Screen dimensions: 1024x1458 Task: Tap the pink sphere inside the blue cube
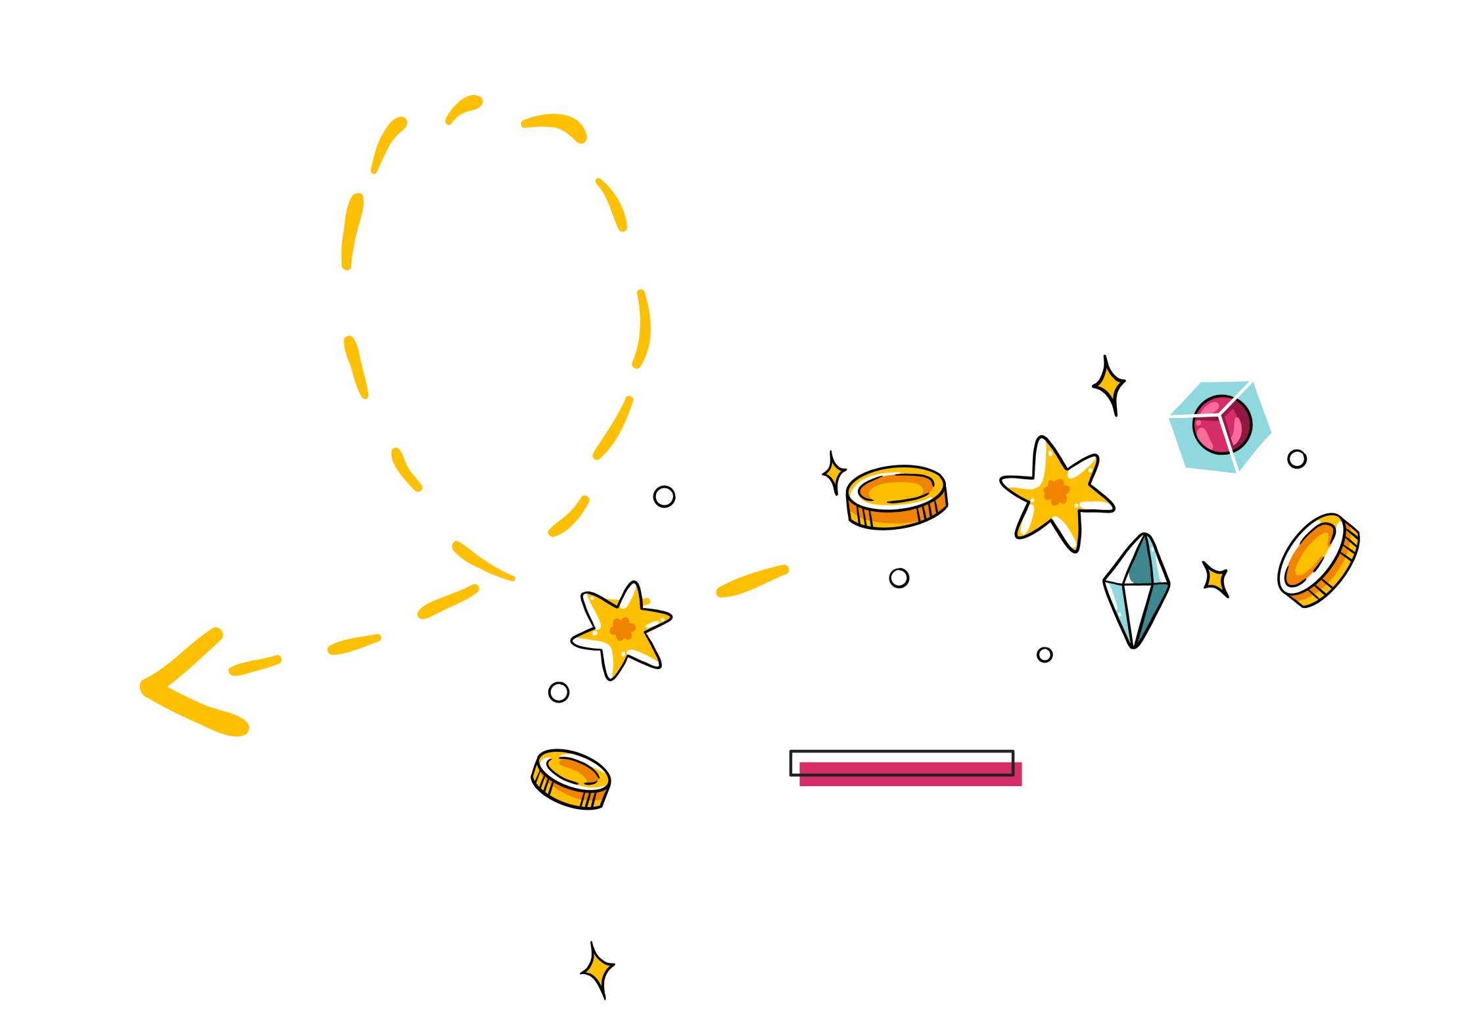click(1222, 425)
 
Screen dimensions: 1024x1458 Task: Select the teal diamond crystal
click(1137, 589)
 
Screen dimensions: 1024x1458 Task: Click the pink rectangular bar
click(910, 774)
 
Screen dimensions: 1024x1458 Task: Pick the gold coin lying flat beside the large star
click(897, 497)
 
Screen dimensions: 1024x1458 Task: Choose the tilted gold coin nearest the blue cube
click(1317, 560)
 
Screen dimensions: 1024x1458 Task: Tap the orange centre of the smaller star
click(622, 629)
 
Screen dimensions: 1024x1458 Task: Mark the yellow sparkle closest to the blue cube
click(1110, 383)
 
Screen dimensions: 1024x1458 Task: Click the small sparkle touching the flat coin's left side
click(834, 473)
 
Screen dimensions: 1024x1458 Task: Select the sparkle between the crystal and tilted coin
click(1216, 579)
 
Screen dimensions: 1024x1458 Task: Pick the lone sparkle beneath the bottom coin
click(598, 969)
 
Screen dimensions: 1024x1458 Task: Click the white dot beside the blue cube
click(1296, 459)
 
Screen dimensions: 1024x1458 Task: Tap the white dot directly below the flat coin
click(899, 578)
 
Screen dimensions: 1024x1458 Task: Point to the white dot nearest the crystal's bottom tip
click(1045, 655)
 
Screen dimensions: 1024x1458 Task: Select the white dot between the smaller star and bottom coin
click(559, 692)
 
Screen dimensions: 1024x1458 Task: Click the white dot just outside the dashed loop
click(664, 496)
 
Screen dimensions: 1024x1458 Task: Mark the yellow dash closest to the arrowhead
click(255, 665)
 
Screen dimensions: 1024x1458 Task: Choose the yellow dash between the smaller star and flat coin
click(752, 581)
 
